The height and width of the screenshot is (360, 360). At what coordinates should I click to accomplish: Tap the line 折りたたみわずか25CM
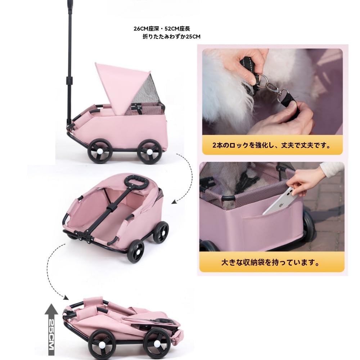(171, 37)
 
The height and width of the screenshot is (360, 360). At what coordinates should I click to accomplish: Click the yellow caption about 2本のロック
(271, 146)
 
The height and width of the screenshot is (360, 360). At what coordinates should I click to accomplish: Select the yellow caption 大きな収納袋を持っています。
(271, 262)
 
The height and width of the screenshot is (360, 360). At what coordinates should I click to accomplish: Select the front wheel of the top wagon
(149, 151)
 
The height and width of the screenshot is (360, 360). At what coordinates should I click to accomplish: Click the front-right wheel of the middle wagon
(161, 232)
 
